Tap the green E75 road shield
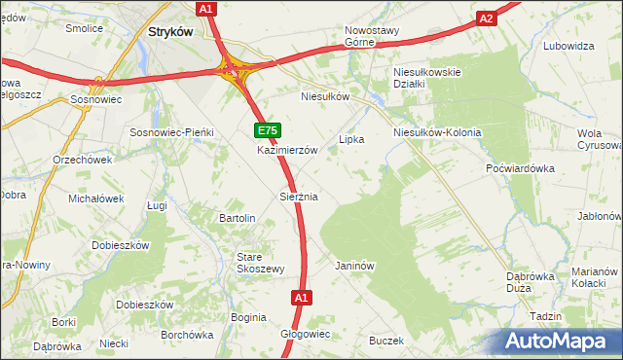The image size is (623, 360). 268,130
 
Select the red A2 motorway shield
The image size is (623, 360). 487,18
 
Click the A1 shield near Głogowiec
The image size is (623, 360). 302,298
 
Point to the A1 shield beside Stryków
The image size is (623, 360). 205,9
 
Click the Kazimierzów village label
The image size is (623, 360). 287,151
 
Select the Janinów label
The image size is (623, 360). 354,265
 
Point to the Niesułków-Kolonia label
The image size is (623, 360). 437,132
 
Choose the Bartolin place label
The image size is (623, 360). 238,218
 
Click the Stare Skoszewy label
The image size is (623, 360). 260,263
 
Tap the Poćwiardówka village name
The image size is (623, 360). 520,167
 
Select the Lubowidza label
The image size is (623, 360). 569,46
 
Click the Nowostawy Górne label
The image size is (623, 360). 372,36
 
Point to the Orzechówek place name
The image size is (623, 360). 83,160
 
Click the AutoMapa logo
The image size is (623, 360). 559,341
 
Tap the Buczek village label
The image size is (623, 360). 385,341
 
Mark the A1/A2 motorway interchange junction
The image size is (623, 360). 234,69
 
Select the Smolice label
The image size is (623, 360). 85,28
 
